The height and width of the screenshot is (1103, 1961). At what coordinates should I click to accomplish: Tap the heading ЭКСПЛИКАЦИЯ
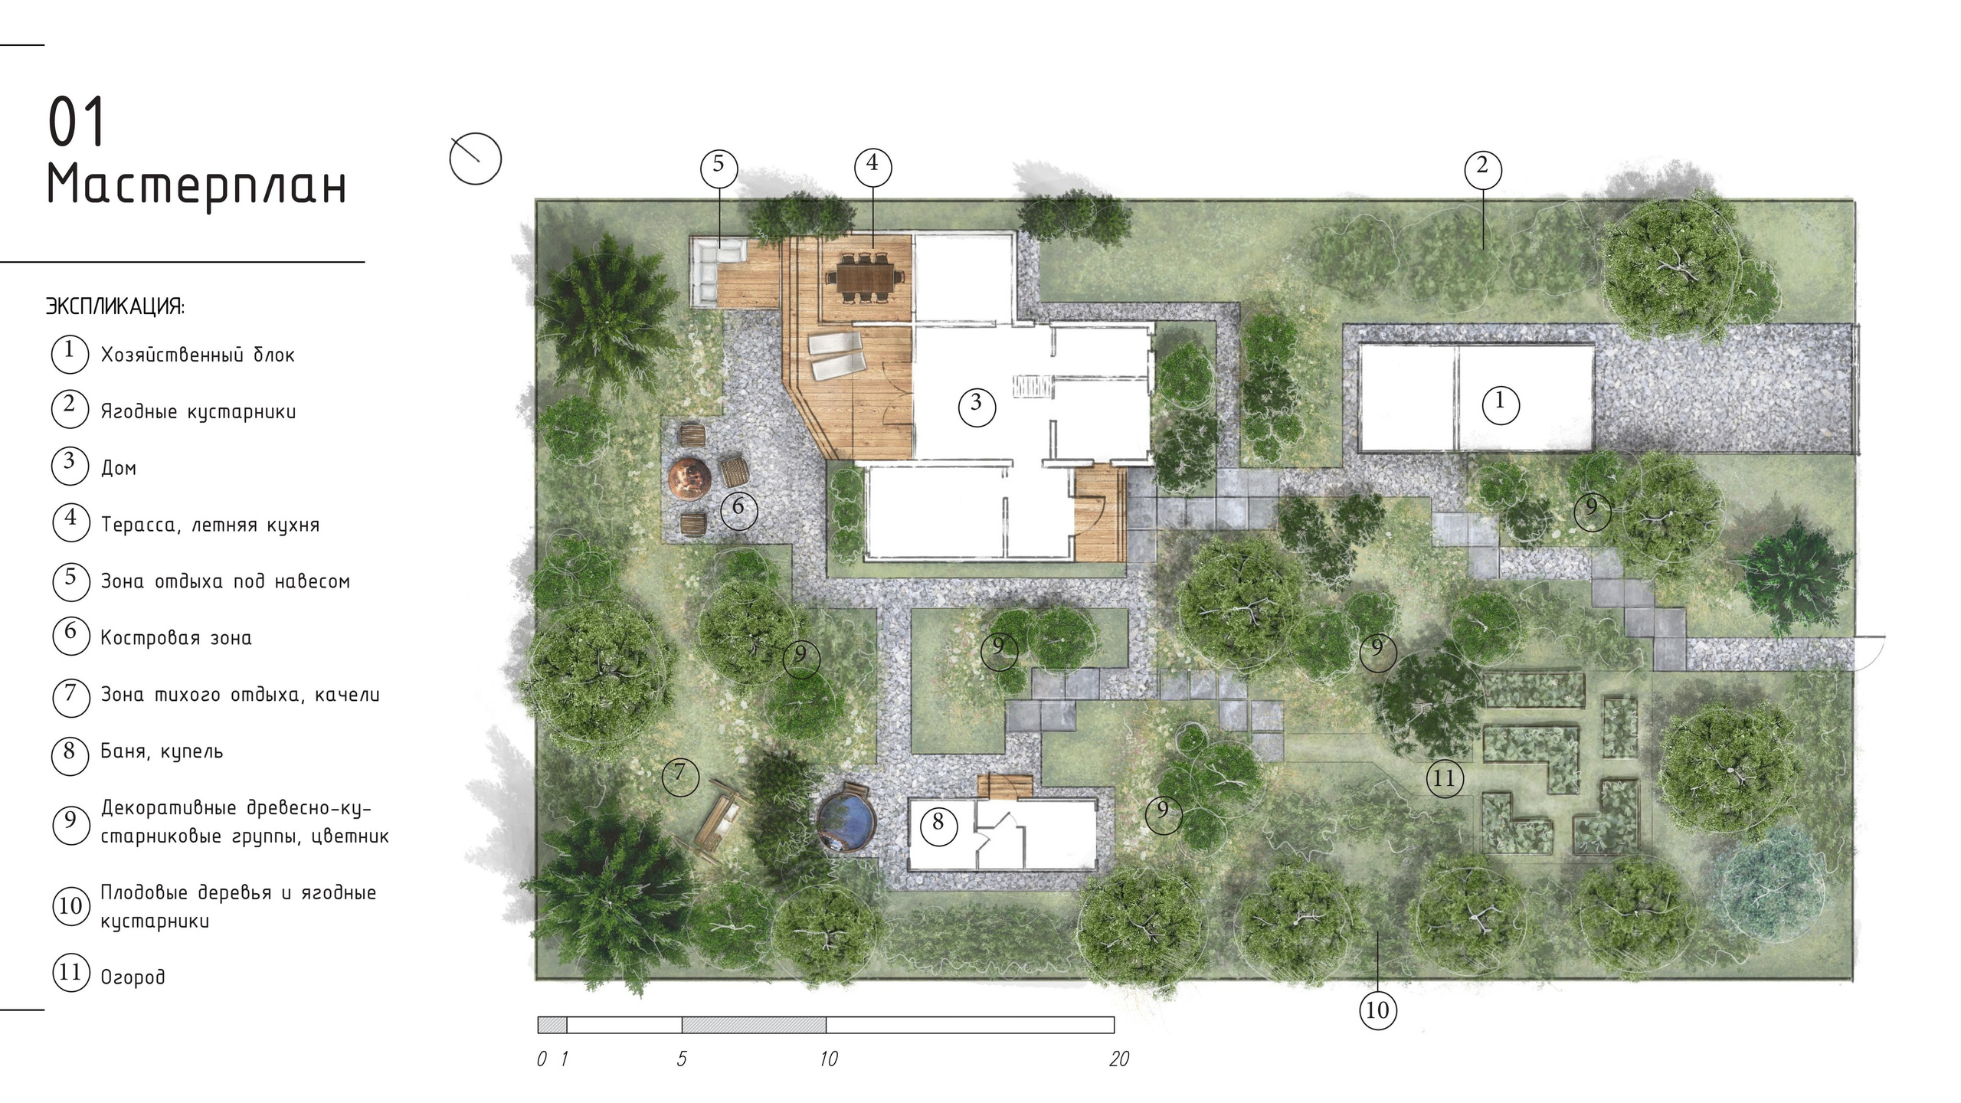pyautogui.click(x=116, y=306)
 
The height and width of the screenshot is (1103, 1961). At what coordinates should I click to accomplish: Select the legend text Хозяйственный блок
pyautogui.click(x=198, y=355)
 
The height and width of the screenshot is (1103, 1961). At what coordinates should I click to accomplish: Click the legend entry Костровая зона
pyautogui.click(x=176, y=637)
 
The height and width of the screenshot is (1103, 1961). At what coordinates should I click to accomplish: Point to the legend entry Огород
pyautogui.click(x=133, y=977)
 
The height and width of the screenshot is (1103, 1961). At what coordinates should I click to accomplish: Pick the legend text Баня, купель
pyautogui.click(x=162, y=751)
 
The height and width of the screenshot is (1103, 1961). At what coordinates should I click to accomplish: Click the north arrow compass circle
pyautogui.click(x=475, y=159)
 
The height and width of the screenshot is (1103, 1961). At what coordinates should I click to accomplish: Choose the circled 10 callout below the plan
pyautogui.click(x=1377, y=1010)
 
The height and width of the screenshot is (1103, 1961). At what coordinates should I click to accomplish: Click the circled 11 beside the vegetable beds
pyautogui.click(x=1444, y=779)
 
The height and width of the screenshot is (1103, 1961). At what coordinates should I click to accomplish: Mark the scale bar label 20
pyautogui.click(x=1119, y=1059)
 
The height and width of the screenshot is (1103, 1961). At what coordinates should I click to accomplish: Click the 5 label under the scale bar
pyautogui.click(x=682, y=1059)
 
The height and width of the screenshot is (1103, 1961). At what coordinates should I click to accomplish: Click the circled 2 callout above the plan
pyautogui.click(x=1482, y=169)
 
